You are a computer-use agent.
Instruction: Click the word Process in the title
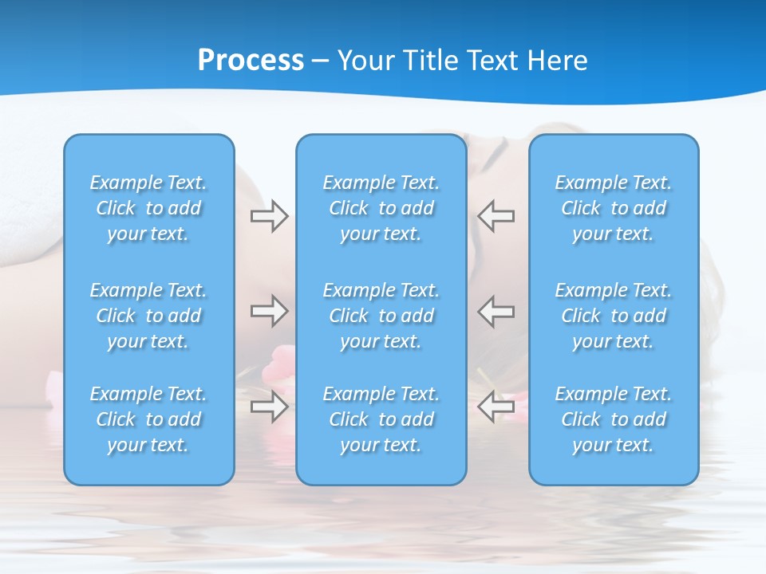pyautogui.click(x=251, y=61)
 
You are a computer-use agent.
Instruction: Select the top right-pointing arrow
pyautogui.click(x=269, y=216)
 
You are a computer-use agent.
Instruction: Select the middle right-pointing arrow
pyautogui.click(x=269, y=311)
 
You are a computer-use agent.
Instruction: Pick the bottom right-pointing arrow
pyautogui.click(x=269, y=407)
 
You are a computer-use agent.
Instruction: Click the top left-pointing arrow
pyautogui.click(x=496, y=216)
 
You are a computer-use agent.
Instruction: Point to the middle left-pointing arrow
pyautogui.click(x=496, y=311)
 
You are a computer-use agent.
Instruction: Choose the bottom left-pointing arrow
pyautogui.click(x=496, y=407)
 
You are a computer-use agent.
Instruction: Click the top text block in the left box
pyautogui.click(x=148, y=208)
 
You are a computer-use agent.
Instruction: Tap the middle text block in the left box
pyautogui.click(x=148, y=316)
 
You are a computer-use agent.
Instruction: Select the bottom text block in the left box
pyautogui.click(x=148, y=419)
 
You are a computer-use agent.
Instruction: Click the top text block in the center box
pyautogui.click(x=381, y=208)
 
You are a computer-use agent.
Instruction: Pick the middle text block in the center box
pyautogui.click(x=381, y=316)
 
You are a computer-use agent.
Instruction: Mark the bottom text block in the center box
pyautogui.click(x=381, y=419)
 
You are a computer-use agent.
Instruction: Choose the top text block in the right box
pyautogui.click(x=614, y=208)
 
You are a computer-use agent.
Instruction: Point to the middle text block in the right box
pyautogui.click(x=614, y=316)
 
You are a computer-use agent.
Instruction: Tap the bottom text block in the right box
pyautogui.click(x=614, y=419)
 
